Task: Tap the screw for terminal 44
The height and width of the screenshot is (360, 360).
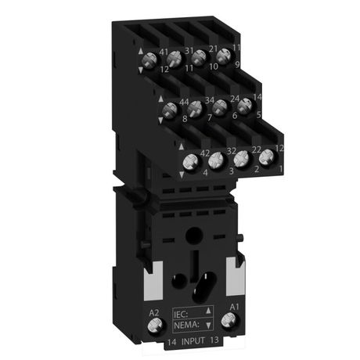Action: [170, 112]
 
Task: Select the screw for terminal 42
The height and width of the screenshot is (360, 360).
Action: [189, 163]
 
